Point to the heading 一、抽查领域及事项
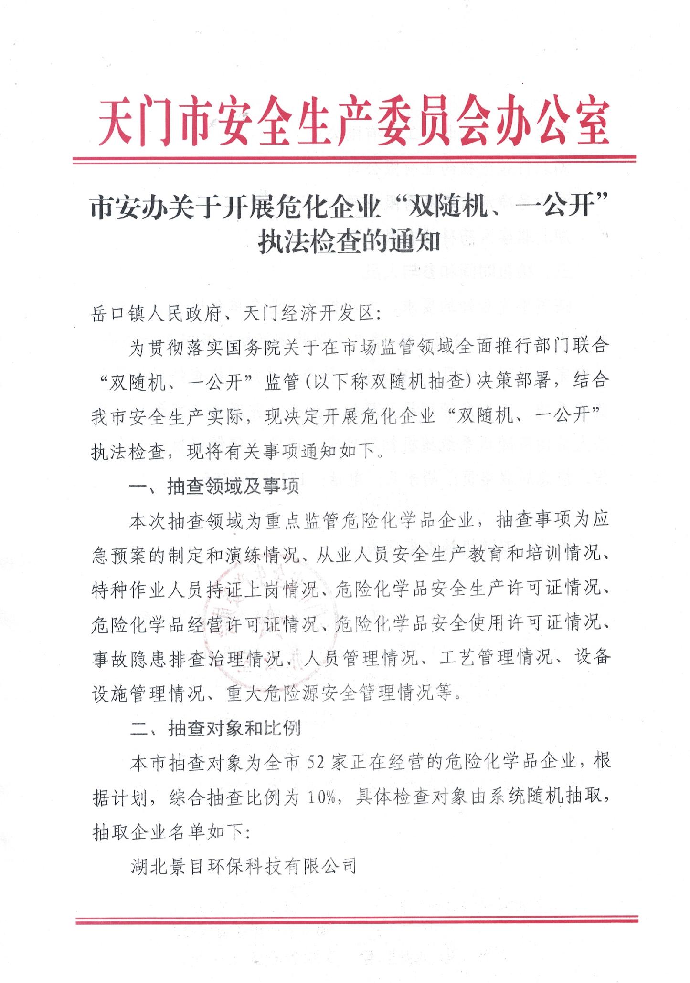[x=214, y=486]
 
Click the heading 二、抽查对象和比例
[x=215, y=728]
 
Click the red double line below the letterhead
[x=354, y=159]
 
